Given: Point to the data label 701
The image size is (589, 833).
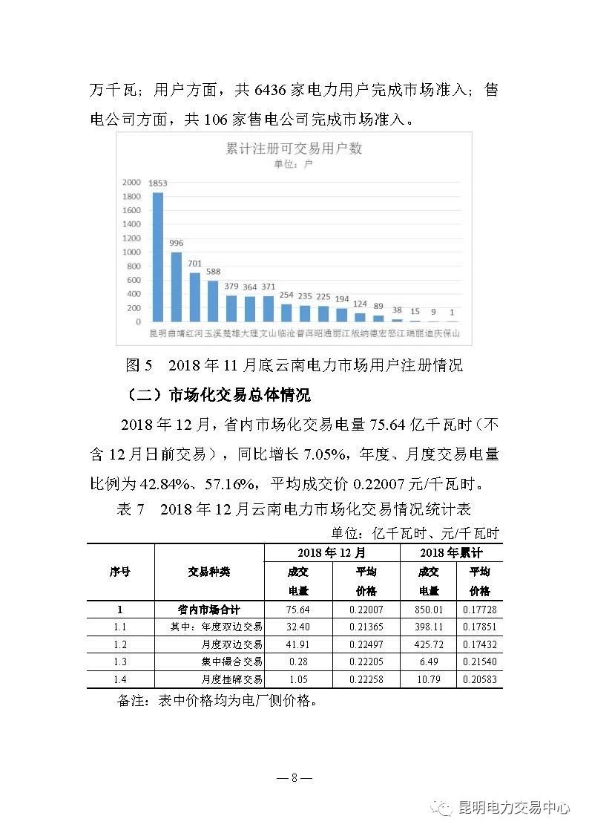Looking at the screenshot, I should (x=194, y=264).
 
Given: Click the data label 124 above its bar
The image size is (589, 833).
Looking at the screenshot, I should (x=360, y=304).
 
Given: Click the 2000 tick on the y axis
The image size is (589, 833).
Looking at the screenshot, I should (x=131, y=182).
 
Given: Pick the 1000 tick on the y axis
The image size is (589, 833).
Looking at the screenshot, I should (x=131, y=252).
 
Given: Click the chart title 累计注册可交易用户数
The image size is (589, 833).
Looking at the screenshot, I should (x=294, y=148).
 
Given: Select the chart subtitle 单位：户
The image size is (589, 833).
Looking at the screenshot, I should (x=294, y=164).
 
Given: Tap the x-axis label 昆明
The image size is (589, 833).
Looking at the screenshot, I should (x=158, y=335).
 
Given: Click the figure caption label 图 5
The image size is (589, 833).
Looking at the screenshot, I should (x=139, y=365).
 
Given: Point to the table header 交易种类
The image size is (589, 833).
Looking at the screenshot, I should (x=209, y=572).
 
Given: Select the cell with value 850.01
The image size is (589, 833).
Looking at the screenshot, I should (x=429, y=610).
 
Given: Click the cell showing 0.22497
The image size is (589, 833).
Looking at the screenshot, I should (x=366, y=644).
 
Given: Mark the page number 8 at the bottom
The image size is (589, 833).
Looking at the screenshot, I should (x=294, y=778).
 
